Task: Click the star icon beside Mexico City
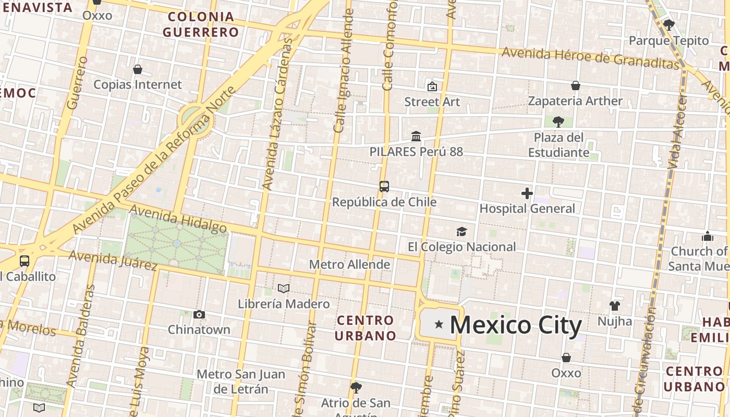[x=439, y=325]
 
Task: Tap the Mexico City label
[x=515, y=325]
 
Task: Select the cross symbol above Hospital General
[x=527, y=194]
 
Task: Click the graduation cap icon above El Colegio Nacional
[x=461, y=231]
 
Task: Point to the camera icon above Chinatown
[x=199, y=314]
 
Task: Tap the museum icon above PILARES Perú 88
[x=416, y=137]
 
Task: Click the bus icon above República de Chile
[x=384, y=187]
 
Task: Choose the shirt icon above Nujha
[x=615, y=306]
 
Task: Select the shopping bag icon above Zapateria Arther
[x=576, y=85]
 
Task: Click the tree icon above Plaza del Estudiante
[x=558, y=122]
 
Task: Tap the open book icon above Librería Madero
[x=284, y=288]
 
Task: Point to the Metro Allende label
[x=349, y=264]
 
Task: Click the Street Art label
[x=432, y=102]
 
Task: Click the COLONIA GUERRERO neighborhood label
[x=200, y=24]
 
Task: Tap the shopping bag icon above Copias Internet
[x=138, y=69]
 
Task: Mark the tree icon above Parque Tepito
[x=668, y=24]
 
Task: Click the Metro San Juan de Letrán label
[x=241, y=382]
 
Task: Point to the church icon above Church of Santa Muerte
[x=708, y=236]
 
